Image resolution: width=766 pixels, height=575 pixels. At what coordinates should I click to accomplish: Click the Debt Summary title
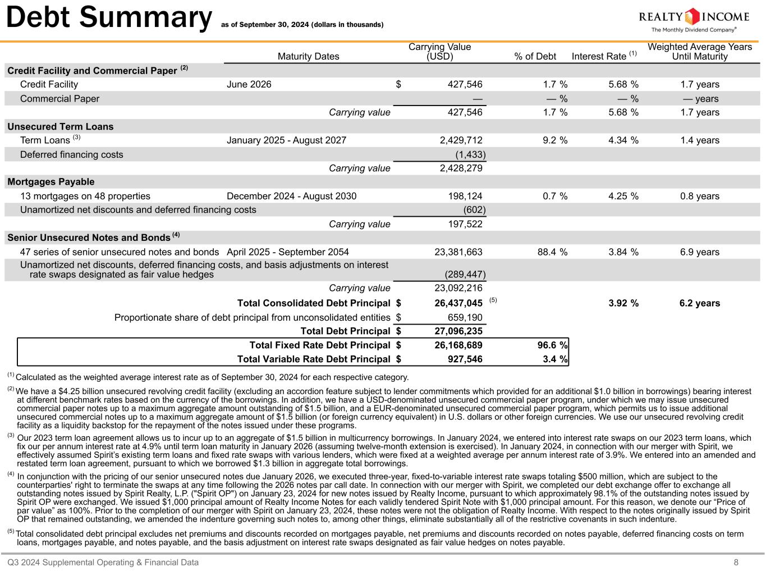(x=108, y=18)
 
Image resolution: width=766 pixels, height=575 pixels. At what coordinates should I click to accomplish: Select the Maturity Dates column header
(x=308, y=56)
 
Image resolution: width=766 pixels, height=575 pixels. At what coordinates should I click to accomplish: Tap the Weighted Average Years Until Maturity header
(x=699, y=52)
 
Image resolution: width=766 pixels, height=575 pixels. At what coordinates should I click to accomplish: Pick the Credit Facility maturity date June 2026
(x=249, y=84)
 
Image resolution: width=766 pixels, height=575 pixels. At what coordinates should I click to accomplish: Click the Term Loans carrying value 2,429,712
(x=458, y=140)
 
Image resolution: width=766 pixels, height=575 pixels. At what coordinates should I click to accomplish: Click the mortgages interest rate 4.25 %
(x=623, y=196)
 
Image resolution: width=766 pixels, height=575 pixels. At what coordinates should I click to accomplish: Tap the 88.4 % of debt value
(x=552, y=252)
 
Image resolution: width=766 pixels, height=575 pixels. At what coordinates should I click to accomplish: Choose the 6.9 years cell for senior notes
(x=699, y=252)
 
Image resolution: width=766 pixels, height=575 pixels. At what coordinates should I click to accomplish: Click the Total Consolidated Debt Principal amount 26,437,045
(x=458, y=303)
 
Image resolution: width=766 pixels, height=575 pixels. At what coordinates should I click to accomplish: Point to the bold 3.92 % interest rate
(x=623, y=303)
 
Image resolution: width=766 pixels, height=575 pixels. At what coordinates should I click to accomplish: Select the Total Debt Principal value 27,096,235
(x=458, y=331)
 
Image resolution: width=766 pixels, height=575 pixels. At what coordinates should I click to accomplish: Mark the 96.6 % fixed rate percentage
(x=552, y=345)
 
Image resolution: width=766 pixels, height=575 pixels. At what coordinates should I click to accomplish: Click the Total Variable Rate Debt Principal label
(x=314, y=359)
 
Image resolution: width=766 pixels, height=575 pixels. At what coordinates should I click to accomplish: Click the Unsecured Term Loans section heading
(x=61, y=126)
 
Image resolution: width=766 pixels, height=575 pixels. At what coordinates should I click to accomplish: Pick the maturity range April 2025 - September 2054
(x=287, y=252)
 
